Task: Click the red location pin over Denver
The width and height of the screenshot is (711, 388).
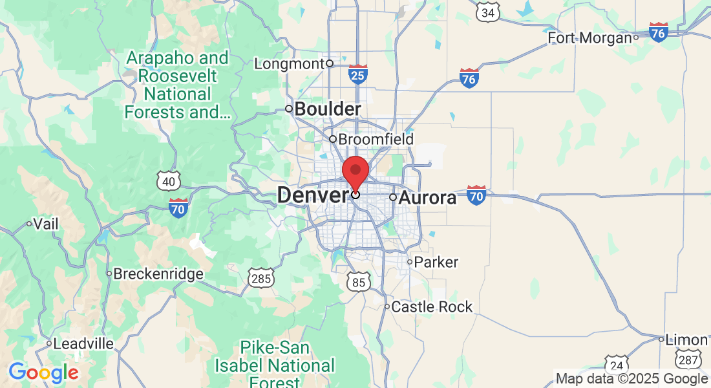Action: click(x=355, y=172)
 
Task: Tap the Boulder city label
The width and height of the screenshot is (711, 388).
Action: click(x=327, y=109)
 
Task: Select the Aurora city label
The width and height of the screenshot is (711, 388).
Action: click(x=427, y=197)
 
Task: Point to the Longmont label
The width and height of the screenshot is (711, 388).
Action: click(x=288, y=63)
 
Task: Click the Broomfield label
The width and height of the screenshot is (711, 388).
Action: click(x=376, y=139)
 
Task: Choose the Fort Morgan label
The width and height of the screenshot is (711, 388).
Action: click(x=589, y=38)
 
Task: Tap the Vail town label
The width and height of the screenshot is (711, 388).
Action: click(x=46, y=224)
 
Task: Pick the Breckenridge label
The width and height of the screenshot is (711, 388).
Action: click(x=158, y=274)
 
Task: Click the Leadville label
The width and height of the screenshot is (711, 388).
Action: click(x=83, y=343)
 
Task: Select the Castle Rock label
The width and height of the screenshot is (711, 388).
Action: click(x=432, y=307)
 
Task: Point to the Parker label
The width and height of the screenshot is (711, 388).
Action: click(x=436, y=262)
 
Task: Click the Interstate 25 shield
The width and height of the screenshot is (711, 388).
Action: click(x=358, y=74)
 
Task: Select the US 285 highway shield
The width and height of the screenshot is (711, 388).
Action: click(x=260, y=279)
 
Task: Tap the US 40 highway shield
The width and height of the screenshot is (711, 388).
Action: click(x=168, y=181)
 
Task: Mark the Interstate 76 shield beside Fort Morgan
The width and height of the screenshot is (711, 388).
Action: click(x=659, y=32)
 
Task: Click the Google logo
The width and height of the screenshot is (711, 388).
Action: click(x=43, y=372)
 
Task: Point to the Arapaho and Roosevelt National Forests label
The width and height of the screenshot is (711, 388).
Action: click(x=177, y=85)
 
